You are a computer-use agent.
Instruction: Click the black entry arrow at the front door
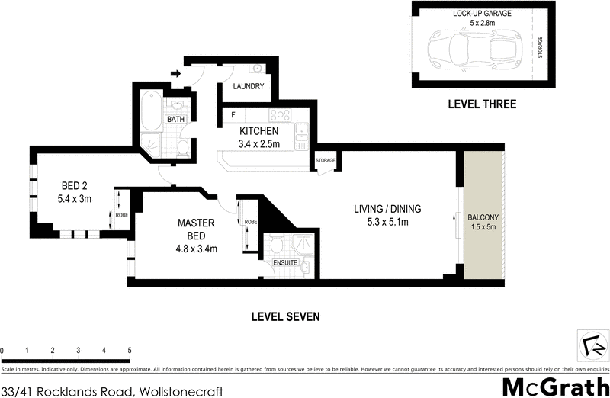[175, 74]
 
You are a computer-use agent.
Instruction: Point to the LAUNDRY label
[249, 87]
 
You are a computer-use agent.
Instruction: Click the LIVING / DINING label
[387, 209]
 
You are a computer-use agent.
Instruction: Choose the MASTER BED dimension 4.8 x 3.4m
[196, 247]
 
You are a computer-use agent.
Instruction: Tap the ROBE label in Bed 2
[122, 215]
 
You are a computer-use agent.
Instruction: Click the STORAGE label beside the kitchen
[326, 161]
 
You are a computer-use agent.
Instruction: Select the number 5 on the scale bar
[129, 350]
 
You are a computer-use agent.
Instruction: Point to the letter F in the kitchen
[233, 115]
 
